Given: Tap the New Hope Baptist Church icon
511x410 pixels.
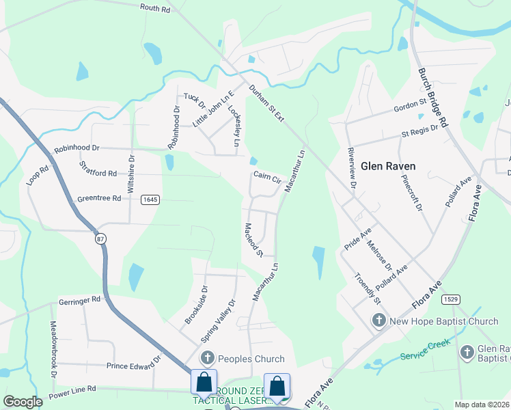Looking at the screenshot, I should pos(379,320).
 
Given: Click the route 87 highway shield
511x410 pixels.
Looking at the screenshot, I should pos(101,238).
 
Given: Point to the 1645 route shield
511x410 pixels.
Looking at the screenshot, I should pos(150,200).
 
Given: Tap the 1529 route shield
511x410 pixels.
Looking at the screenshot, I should pos(450,299).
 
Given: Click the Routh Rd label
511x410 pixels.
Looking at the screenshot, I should pos(154,9).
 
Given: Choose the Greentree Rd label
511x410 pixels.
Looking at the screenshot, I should pos(98,199).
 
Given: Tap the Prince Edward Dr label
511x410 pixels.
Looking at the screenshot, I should pos(133,365).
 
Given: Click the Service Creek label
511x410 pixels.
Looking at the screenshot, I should pos(423,351).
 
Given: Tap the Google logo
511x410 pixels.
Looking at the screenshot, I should pos(23,402).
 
